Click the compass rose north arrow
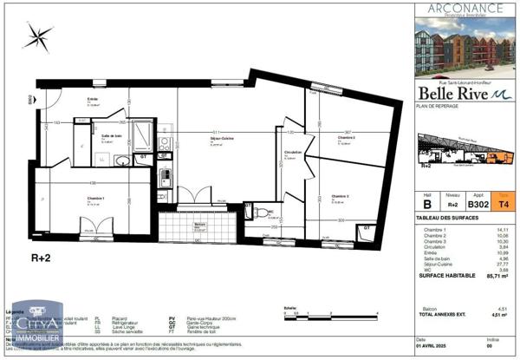coord(38,36)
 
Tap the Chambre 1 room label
coord(97,199)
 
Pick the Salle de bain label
coord(110,136)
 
